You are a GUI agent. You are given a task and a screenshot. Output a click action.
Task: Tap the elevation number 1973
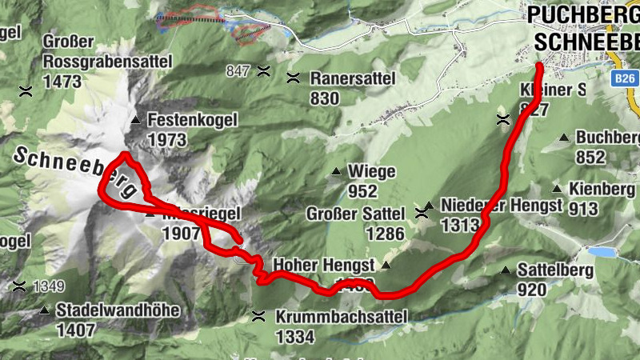166,141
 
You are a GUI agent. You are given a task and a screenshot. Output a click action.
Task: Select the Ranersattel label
352,78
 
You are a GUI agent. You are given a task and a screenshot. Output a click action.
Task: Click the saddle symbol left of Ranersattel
294,78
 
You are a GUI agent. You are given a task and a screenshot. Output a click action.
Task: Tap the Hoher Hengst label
325,265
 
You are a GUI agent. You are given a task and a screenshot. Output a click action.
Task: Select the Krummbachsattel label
342,317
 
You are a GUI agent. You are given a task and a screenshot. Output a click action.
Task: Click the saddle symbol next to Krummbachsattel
258,316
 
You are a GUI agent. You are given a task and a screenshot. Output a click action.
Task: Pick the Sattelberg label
555,270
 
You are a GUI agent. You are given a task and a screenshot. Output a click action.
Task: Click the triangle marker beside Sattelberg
506,270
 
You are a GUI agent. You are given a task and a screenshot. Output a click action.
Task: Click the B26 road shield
626,79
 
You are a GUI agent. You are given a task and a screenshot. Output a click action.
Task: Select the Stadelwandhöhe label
118,310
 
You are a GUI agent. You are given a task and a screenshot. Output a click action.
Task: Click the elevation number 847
238,71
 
